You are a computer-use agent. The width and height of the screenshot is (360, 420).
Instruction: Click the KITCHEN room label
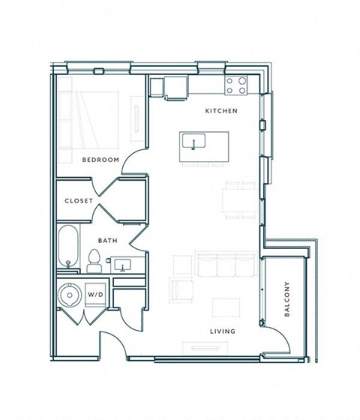[x=221, y=111]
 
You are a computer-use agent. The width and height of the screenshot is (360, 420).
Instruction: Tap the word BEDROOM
[x=101, y=160]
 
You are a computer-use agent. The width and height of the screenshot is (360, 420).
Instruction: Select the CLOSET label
[x=79, y=201]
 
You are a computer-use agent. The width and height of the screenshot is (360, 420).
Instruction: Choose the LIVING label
[x=223, y=331]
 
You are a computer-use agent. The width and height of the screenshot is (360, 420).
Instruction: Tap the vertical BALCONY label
[x=286, y=299]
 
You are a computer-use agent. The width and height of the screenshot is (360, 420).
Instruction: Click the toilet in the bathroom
[x=94, y=260]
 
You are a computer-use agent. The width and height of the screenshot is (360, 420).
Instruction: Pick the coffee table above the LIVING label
[x=223, y=307]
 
